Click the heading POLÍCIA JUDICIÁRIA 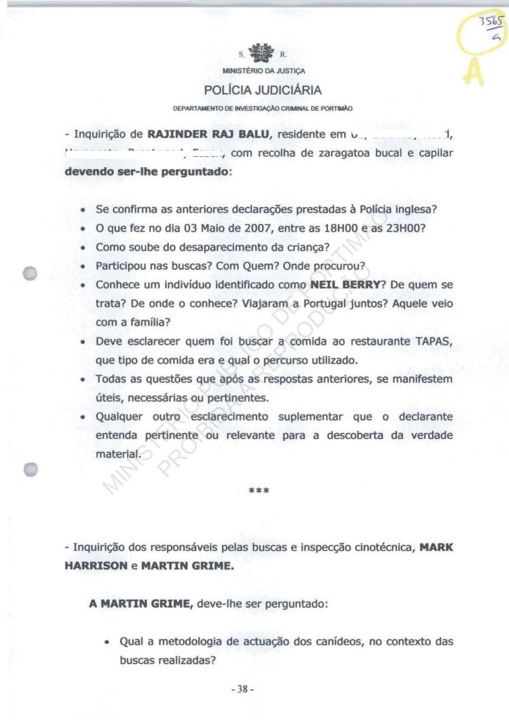click(x=263, y=90)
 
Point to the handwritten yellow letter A click(x=474, y=72)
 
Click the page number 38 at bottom click(x=242, y=689)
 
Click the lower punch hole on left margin click(x=29, y=469)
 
